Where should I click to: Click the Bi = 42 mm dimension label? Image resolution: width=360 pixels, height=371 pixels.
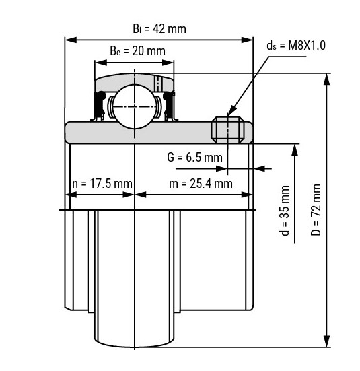pos(159,29)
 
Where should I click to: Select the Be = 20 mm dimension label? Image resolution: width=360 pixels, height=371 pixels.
pos(137,51)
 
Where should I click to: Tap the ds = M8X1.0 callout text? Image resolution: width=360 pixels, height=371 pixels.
pos(296,45)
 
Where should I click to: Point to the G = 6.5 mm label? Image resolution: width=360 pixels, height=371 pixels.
pos(194,158)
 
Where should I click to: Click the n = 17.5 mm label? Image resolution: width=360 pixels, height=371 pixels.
pos(102,184)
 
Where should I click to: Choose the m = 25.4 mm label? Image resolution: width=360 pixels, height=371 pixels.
pos(201,184)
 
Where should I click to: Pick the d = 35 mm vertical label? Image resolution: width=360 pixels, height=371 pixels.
pos(285,211)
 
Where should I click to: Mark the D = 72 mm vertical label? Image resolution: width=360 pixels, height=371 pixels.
pos(316,209)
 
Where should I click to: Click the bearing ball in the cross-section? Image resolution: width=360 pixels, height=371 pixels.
pos(135,106)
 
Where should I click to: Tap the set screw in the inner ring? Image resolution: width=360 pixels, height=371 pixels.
pos(227,130)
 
